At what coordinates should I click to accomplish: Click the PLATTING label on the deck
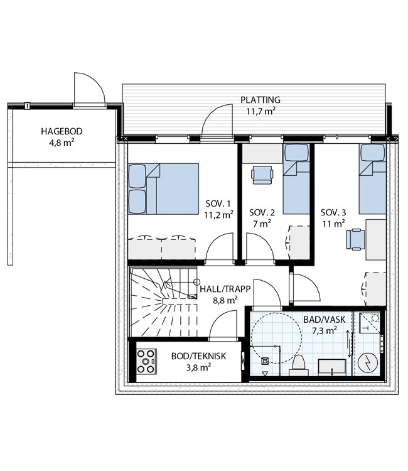click(260, 100)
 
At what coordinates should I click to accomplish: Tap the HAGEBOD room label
click(62, 131)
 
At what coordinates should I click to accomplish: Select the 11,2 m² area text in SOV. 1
click(218, 215)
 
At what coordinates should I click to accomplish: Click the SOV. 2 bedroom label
click(262, 213)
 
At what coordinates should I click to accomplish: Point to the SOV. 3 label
click(333, 213)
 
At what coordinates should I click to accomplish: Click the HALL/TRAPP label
click(225, 289)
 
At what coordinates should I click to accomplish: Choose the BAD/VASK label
click(325, 320)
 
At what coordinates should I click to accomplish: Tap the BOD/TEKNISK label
click(198, 356)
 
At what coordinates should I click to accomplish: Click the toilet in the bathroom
click(299, 365)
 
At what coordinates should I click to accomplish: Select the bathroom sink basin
click(332, 367)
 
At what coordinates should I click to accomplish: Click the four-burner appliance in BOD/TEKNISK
click(146, 361)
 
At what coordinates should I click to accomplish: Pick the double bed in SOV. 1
click(164, 188)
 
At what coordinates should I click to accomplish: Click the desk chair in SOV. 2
click(262, 175)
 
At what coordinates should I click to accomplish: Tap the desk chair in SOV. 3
click(355, 239)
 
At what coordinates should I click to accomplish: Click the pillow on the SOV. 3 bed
click(373, 153)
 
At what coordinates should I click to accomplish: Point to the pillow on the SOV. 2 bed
click(297, 153)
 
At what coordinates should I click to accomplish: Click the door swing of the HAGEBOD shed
click(90, 89)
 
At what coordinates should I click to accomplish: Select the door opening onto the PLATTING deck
click(217, 120)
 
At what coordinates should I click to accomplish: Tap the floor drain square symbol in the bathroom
click(265, 360)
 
